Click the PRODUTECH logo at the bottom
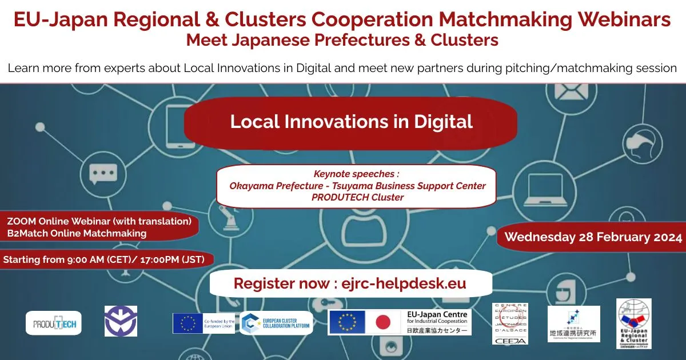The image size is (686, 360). click(x=54, y=323)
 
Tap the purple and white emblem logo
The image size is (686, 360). click(x=121, y=321)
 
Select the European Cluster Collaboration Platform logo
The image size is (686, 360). click(x=277, y=323)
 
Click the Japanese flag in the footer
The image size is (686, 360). click(x=382, y=323)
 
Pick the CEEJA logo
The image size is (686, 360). click(x=510, y=324)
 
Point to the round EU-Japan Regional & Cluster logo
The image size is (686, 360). click(x=633, y=323)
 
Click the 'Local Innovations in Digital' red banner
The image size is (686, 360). click(x=351, y=122)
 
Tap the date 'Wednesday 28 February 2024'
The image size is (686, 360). click(x=593, y=237)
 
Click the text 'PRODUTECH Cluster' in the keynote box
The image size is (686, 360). click(x=357, y=197)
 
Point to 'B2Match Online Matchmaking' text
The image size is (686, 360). click(x=77, y=233)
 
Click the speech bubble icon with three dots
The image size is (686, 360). click(x=103, y=172)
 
